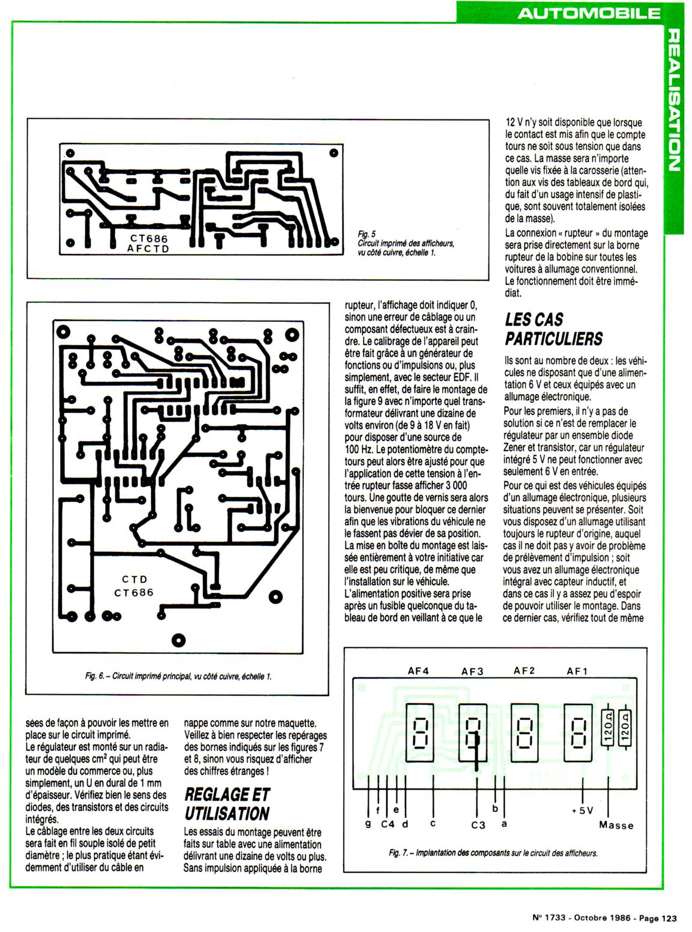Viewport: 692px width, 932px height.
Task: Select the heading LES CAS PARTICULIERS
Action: click(x=553, y=329)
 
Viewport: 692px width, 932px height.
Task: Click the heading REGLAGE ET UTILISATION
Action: click(x=227, y=804)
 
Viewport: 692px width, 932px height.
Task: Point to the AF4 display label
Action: click(x=418, y=671)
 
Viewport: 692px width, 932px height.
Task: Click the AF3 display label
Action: click(x=472, y=671)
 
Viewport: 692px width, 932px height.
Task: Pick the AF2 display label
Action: click(x=524, y=671)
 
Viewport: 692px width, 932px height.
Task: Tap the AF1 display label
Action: click(x=577, y=671)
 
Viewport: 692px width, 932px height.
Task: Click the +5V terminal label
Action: click(x=583, y=810)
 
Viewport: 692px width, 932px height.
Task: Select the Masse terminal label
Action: click(x=616, y=825)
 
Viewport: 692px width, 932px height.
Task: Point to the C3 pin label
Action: click(x=478, y=825)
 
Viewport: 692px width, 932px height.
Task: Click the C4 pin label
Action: click(x=388, y=824)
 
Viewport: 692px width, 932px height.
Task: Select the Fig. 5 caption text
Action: click(x=405, y=243)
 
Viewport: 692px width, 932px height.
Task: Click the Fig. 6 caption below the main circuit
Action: click(x=178, y=676)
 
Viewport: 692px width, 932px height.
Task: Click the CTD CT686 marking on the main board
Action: click(x=134, y=586)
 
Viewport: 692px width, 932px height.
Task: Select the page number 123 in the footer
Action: click(x=669, y=918)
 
